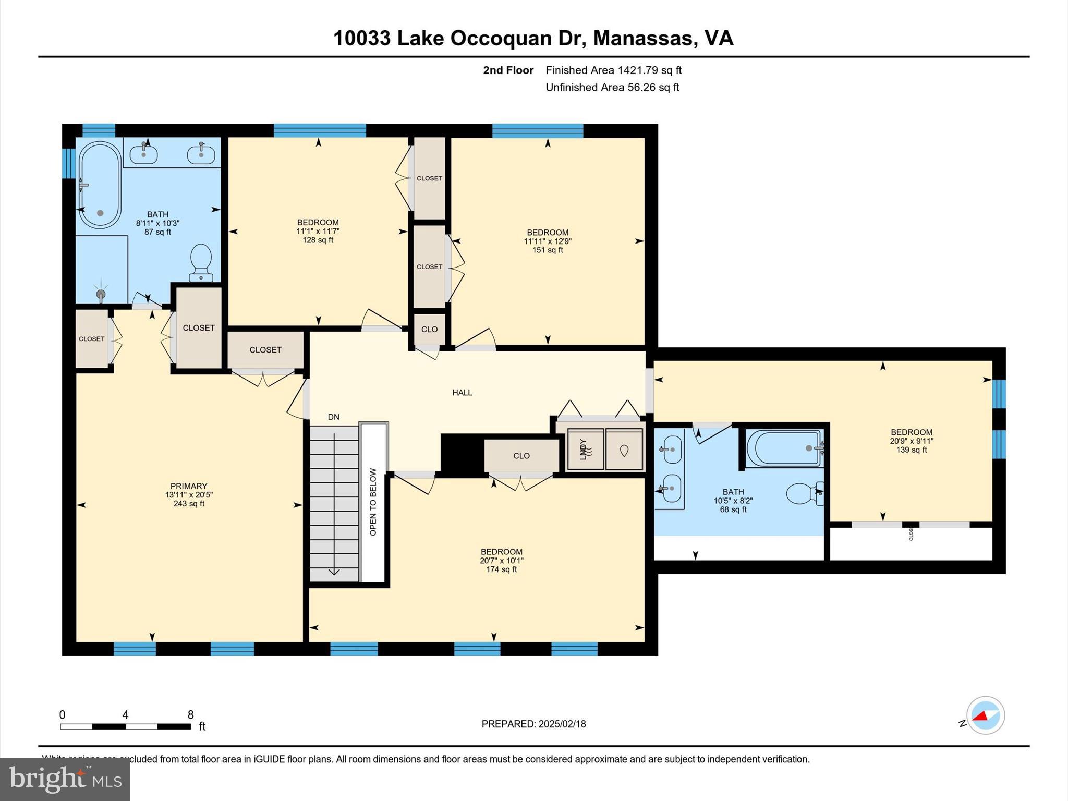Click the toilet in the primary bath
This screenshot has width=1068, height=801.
[x=201, y=262]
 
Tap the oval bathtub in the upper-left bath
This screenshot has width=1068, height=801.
[x=100, y=185]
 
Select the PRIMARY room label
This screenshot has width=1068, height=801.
[x=189, y=486]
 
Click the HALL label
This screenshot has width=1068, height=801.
[x=462, y=393]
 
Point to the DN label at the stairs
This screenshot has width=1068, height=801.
[x=333, y=417]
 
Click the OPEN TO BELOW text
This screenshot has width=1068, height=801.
[x=373, y=502]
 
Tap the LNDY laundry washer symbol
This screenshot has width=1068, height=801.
[x=585, y=449]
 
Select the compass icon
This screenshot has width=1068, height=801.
[x=985, y=715]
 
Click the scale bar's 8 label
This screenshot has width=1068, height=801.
[x=190, y=714]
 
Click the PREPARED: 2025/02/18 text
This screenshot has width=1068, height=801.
[x=533, y=724]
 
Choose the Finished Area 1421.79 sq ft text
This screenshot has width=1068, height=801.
[x=613, y=70]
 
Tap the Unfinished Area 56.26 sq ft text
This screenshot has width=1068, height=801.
[x=612, y=87]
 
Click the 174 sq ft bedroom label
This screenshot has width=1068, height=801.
[x=501, y=569]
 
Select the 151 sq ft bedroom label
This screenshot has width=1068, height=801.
[x=547, y=250]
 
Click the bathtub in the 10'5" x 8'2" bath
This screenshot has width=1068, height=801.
[x=784, y=448]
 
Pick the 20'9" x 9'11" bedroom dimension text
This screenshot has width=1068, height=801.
[x=911, y=441]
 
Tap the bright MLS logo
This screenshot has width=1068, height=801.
[x=65, y=780]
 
